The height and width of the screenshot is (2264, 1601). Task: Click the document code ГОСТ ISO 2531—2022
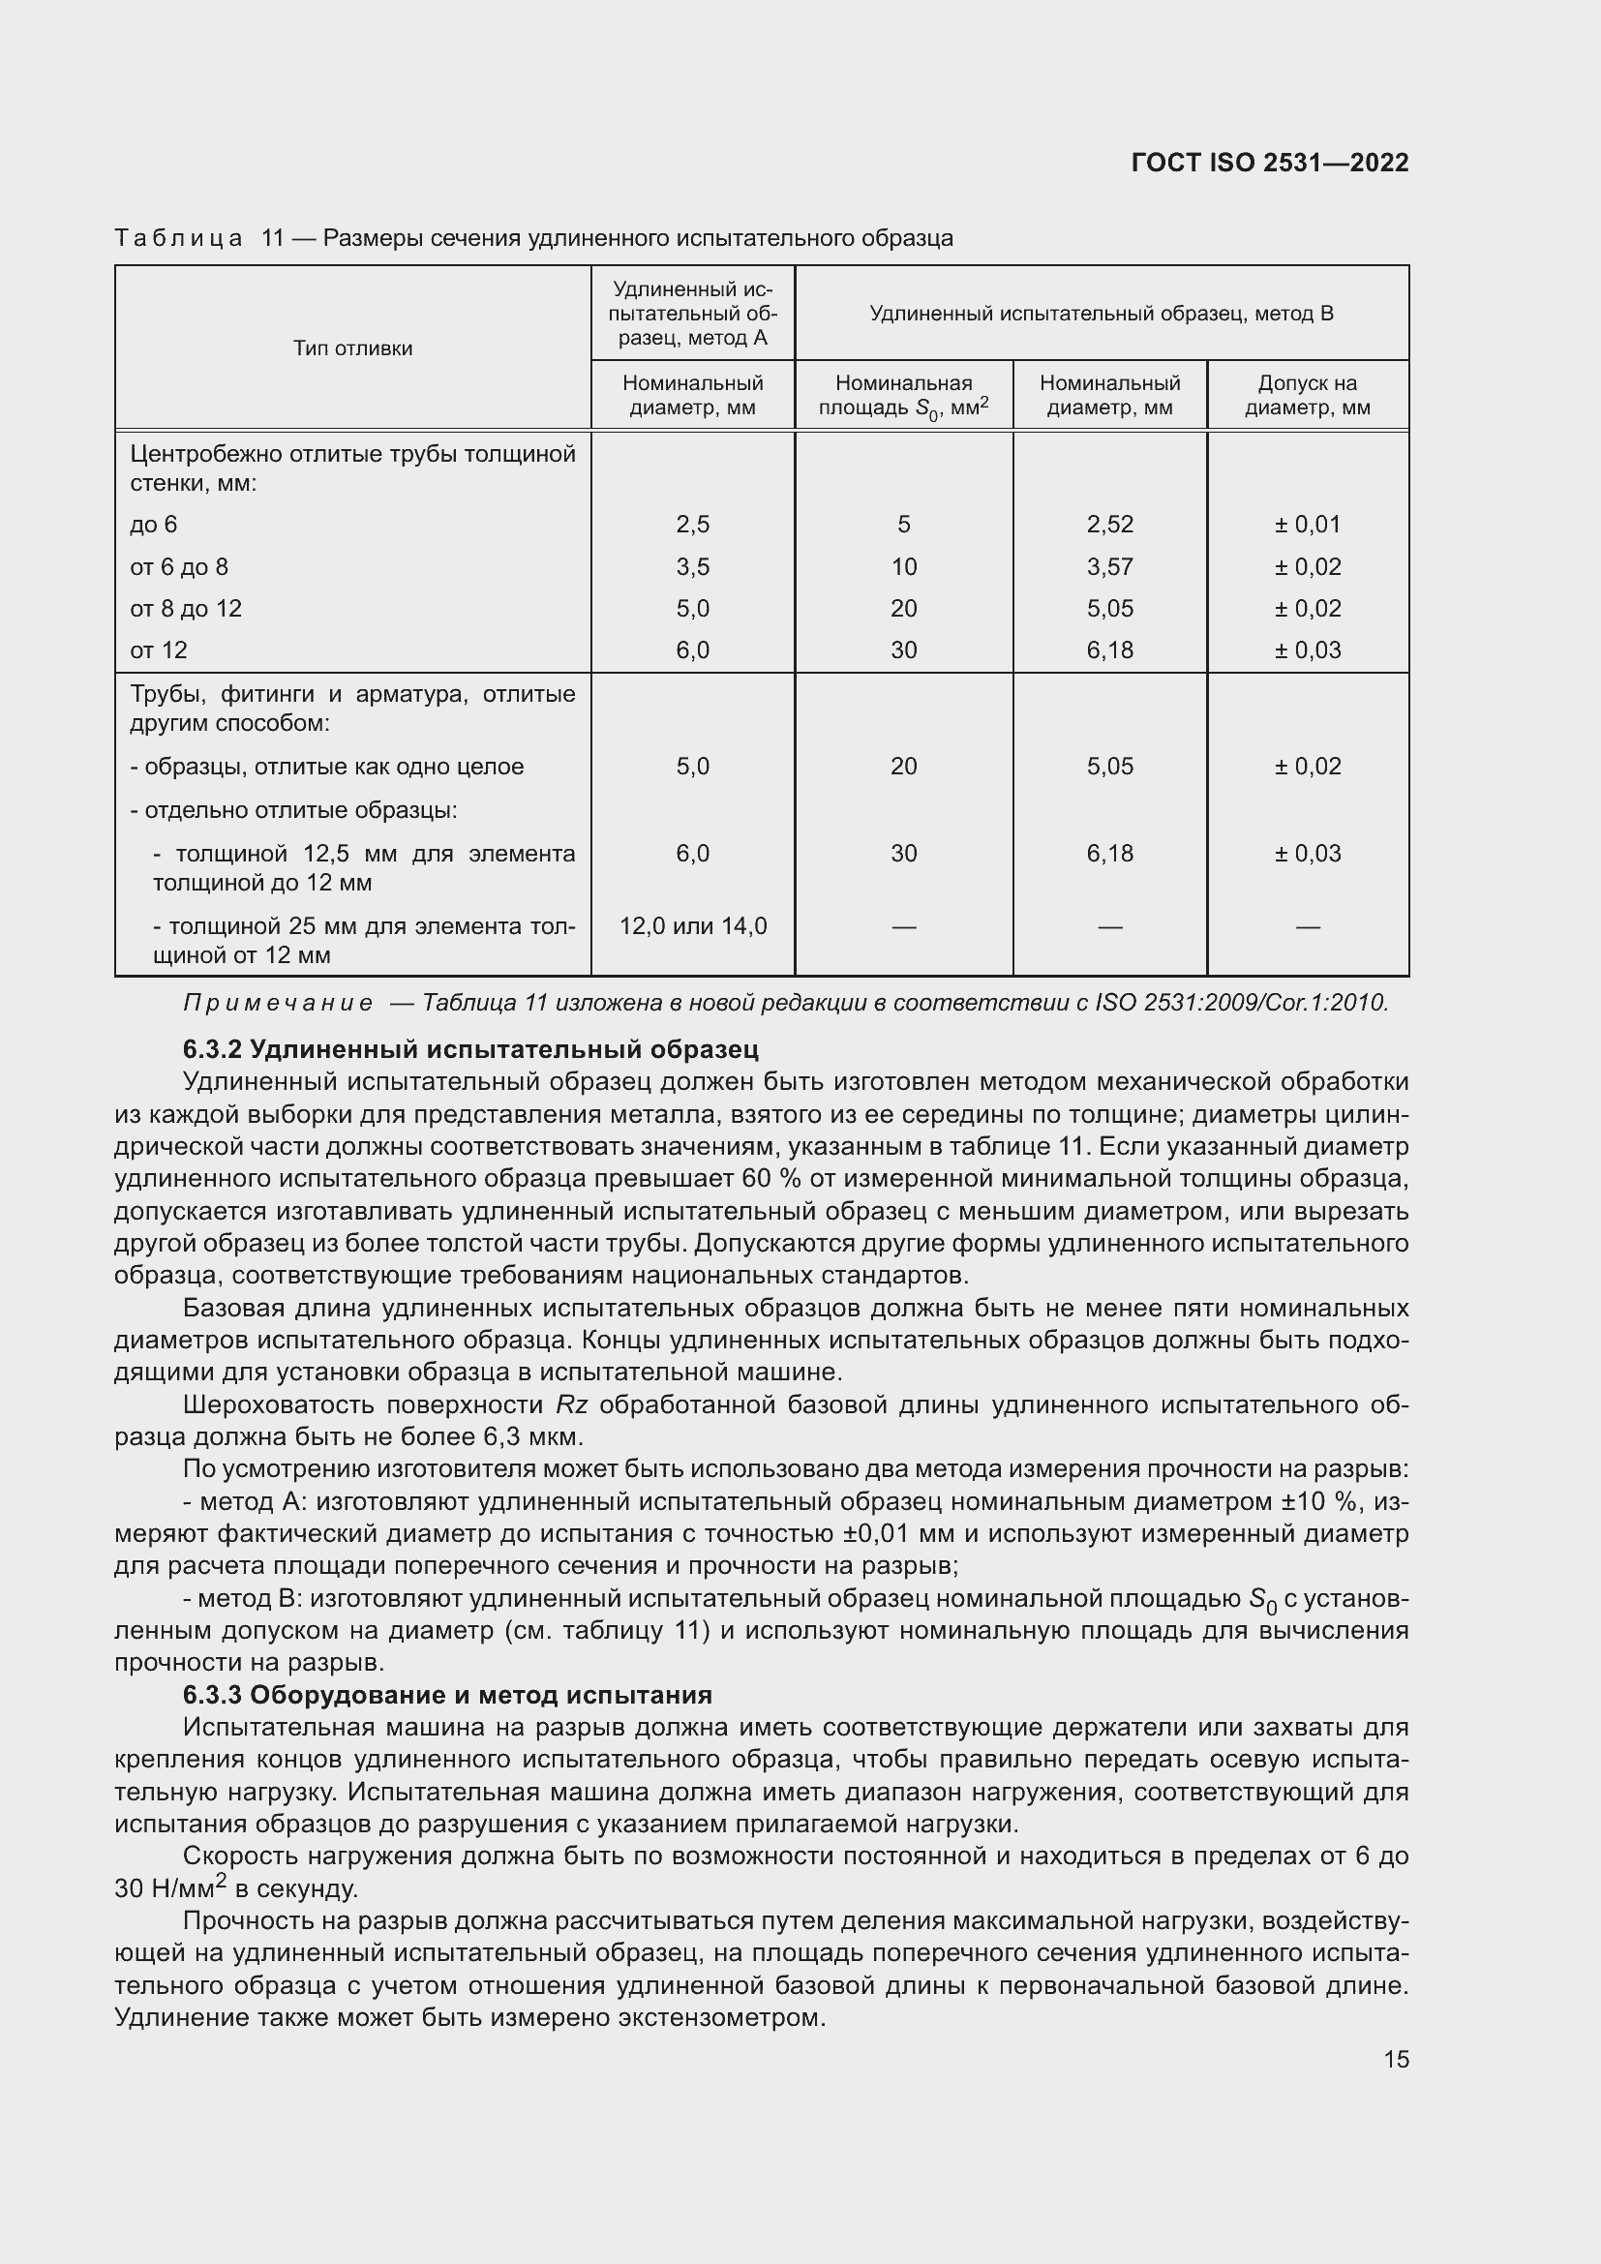pyautogui.click(x=1270, y=163)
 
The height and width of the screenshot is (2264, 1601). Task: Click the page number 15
pyautogui.click(x=1396, y=2059)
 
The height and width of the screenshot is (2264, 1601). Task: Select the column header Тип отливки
pyautogui.click(x=352, y=348)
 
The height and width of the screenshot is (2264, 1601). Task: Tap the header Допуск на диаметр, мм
pyautogui.click(x=1307, y=396)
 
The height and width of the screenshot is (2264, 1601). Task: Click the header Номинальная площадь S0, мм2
pyautogui.click(x=903, y=396)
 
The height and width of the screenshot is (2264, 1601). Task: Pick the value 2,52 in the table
pyautogui.click(x=1110, y=525)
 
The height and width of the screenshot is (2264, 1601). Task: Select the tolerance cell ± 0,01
pyautogui.click(x=1307, y=525)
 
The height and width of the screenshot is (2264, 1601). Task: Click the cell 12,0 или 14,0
pyautogui.click(x=693, y=926)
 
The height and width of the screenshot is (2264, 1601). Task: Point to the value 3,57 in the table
pyautogui.click(x=1110, y=567)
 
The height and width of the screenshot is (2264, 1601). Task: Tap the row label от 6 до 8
pyautogui.click(x=178, y=567)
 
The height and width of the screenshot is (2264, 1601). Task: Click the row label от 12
pyautogui.click(x=158, y=649)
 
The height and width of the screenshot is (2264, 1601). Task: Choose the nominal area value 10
pyautogui.click(x=903, y=567)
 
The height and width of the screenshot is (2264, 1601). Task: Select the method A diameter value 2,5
pyautogui.click(x=693, y=525)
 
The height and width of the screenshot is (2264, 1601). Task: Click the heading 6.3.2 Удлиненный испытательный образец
pyautogui.click(x=470, y=1049)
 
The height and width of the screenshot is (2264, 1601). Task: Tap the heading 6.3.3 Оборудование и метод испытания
pyautogui.click(x=446, y=1695)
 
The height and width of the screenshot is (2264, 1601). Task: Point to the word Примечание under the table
pyautogui.click(x=278, y=1003)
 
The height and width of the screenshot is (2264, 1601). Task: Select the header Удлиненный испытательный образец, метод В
pyautogui.click(x=1102, y=314)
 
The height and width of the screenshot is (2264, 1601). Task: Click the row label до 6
pyautogui.click(x=153, y=525)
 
